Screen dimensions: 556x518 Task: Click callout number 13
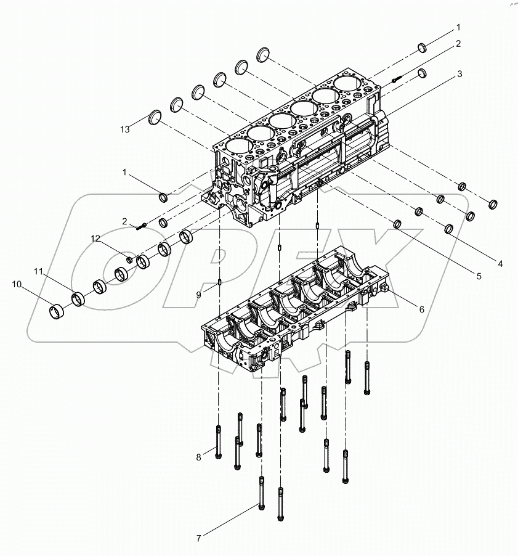(126, 129)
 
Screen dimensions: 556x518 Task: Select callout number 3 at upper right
(459, 74)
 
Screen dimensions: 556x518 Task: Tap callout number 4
(500, 263)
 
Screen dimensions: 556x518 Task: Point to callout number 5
(479, 277)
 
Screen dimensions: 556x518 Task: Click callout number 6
(421, 309)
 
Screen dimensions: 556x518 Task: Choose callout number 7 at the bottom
(199, 538)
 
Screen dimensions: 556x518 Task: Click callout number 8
(199, 457)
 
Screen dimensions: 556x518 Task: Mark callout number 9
(199, 295)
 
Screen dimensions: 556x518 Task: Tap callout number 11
(38, 271)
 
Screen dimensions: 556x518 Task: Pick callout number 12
(95, 238)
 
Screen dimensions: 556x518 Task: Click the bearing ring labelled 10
(57, 308)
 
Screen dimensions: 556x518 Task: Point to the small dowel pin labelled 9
(219, 284)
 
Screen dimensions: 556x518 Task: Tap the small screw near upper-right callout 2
(397, 80)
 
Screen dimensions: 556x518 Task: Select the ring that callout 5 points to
(397, 224)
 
